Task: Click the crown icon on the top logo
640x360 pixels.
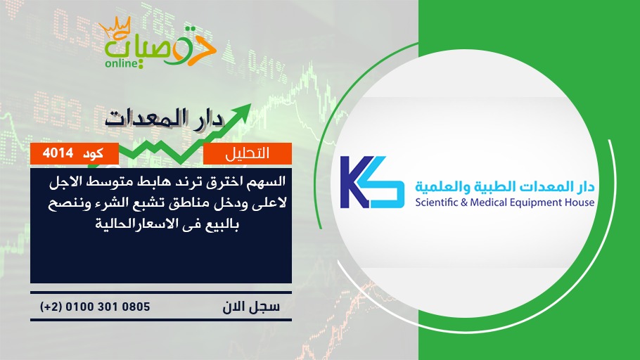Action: (x=115, y=27)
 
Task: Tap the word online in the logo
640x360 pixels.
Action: (x=122, y=63)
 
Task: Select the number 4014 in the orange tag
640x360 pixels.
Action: (x=58, y=153)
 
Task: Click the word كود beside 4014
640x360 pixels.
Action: (x=93, y=154)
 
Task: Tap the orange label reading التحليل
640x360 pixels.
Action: (x=248, y=153)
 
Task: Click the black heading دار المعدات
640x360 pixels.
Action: (x=165, y=119)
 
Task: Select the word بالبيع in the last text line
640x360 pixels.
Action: (x=222, y=224)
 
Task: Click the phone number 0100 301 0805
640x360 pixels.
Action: (x=108, y=307)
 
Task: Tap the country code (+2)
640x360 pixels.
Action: (x=51, y=307)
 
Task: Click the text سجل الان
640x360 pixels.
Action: (x=251, y=307)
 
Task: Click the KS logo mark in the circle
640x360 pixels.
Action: (x=372, y=182)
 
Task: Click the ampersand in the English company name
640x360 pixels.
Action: (x=464, y=202)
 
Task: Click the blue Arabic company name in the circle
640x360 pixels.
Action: (x=505, y=187)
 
